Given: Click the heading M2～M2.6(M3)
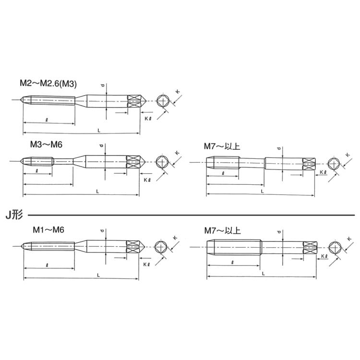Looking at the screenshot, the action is point(48,84).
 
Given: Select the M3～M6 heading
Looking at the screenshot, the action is point(46,144).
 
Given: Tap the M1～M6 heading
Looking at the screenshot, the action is point(48,230).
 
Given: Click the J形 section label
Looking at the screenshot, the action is point(14,215).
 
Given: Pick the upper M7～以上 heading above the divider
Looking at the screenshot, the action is point(222,146).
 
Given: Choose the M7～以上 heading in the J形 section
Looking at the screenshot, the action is point(222,230).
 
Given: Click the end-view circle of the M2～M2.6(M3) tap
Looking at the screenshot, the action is point(163,101).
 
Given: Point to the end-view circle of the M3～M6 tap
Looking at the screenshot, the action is point(162,162).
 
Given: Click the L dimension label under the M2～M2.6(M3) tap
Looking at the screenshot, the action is point(99,131).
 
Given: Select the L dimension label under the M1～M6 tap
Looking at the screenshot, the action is point(98,276).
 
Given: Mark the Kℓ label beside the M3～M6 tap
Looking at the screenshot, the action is point(147,180).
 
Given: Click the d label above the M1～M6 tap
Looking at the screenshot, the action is point(103,230).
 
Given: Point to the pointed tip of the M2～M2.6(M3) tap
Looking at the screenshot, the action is point(21,100).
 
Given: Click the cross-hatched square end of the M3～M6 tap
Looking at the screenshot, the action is point(133,162).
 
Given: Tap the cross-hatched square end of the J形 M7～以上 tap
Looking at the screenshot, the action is point(310,248).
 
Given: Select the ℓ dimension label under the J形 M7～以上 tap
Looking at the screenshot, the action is point(233,262).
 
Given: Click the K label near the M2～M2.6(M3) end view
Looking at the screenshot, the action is point(178,92).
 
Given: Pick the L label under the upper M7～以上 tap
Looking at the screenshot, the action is point(263,191).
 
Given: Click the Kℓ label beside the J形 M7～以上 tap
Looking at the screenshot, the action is point(324,256).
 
